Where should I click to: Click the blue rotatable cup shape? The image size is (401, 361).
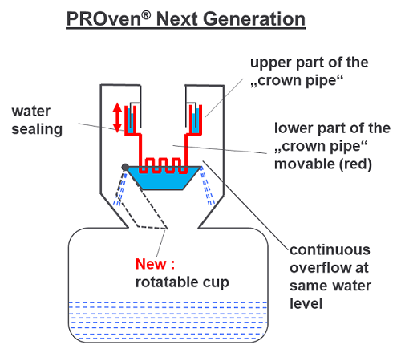tap(169, 177)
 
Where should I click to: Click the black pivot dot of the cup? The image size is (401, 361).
tap(126, 167)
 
